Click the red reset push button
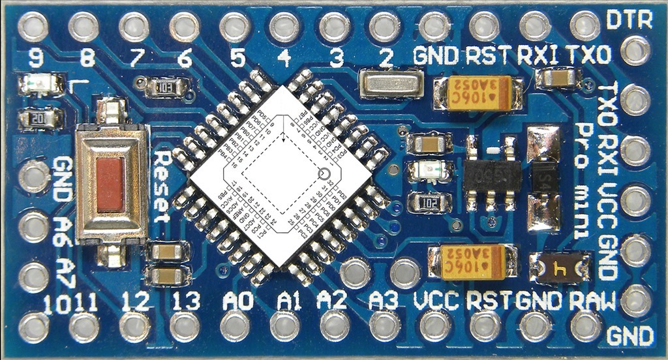coord(110,185)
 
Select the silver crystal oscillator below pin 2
coord(391,85)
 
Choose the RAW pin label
coord(592,301)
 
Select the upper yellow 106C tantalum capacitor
coord(479,92)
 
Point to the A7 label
coord(65,273)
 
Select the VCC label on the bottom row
coord(437,301)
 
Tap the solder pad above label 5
coord(235,27)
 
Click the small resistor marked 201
coord(40,118)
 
